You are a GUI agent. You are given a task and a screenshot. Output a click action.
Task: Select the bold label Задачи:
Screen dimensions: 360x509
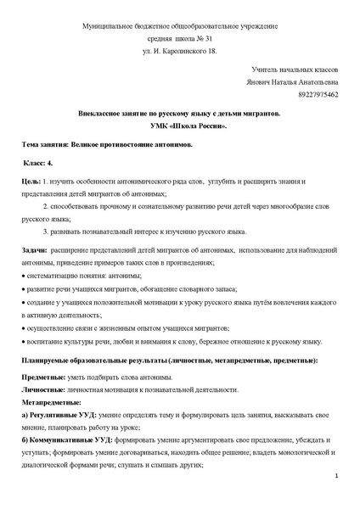click(x=33, y=251)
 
